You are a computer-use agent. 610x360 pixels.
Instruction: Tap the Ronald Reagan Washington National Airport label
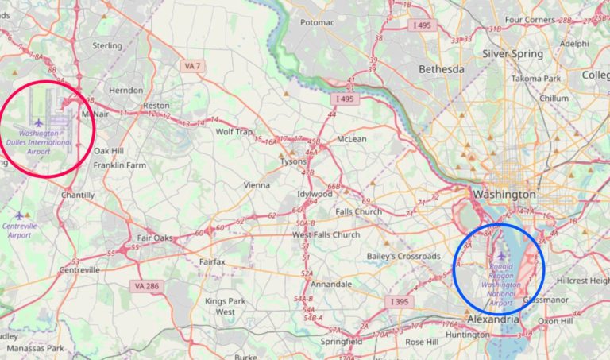click(x=501, y=284)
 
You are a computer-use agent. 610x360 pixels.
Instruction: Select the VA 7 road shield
click(x=191, y=64)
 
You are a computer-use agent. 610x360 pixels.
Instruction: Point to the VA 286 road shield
click(x=145, y=285)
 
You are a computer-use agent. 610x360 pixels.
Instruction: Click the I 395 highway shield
click(x=400, y=302)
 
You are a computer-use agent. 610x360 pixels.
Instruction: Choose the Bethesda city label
click(x=441, y=69)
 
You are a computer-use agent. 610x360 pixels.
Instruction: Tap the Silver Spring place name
click(x=512, y=54)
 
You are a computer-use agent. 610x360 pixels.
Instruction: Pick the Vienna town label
click(x=257, y=185)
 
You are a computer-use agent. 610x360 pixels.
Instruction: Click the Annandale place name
click(x=331, y=284)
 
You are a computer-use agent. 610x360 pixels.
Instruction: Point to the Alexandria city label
click(x=492, y=319)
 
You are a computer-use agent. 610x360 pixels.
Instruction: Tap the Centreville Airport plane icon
click(x=20, y=215)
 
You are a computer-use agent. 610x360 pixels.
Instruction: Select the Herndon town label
click(x=125, y=91)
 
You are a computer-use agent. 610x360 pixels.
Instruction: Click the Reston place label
click(x=156, y=106)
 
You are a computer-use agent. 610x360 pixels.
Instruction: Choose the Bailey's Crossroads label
click(x=403, y=256)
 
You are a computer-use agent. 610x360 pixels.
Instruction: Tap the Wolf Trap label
click(x=234, y=131)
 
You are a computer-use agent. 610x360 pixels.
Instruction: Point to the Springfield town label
click(x=342, y=341)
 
